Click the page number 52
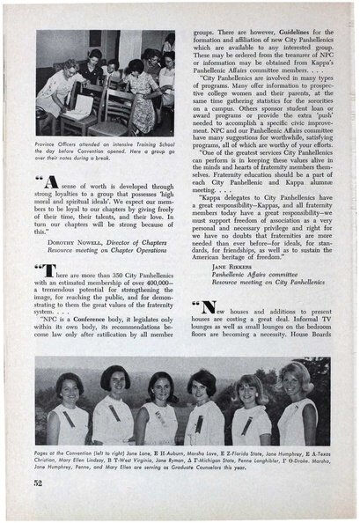(38, 482)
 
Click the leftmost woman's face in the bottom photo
(69, 389)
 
